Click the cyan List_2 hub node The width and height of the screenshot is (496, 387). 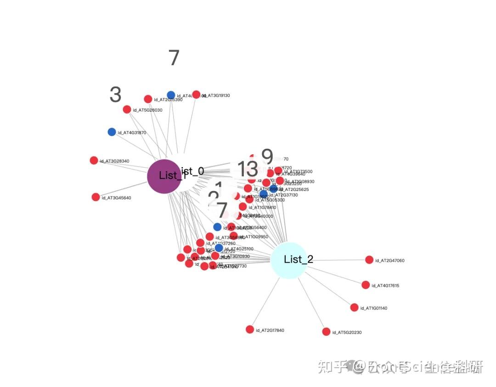click(288, 260)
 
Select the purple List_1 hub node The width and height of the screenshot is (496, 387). click(164, 176)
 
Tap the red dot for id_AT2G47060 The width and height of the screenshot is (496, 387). click(369, 260)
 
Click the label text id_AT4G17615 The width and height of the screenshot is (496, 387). click(385, 286)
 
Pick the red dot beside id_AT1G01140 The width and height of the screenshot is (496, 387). click(354, 308)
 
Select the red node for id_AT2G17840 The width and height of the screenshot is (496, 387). click(250, 330)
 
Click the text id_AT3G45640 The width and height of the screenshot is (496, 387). click(116, 198)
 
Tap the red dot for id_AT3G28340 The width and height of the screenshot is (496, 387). click(94, 160)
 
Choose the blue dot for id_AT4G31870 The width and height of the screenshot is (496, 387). click(112, 132)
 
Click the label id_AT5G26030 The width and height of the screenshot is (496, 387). click(147, 110)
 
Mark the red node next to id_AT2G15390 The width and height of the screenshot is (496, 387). click(148, 99)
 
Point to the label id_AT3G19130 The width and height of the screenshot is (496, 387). click(216, 95)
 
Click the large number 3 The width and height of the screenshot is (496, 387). click(115, 95)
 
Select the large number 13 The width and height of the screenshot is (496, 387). click(248, 169)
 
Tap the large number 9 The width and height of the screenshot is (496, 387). click(267, 157)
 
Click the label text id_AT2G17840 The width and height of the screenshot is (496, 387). click(271, 331)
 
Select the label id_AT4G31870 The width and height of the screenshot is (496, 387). click(132, 133)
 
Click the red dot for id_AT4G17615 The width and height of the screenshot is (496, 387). click(366, 285)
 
